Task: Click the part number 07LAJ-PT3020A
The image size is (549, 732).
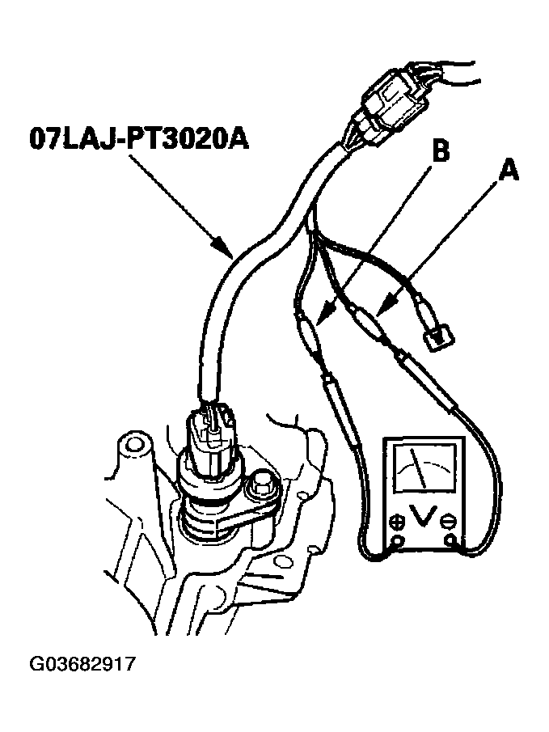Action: (138, 138)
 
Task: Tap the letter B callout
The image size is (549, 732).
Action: (440, 150)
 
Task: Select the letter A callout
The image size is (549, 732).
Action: (509, 170)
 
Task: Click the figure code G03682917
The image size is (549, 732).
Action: (82, 664)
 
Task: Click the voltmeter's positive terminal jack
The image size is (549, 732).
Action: (398, 542)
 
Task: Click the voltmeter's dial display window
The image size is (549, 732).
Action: (424, 468)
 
